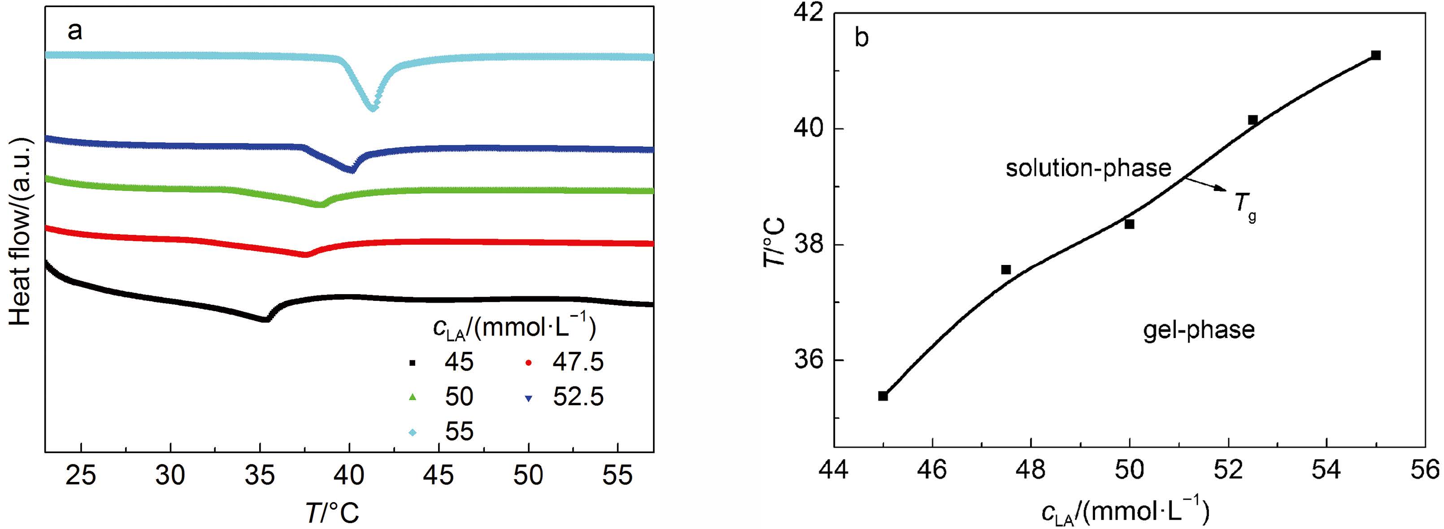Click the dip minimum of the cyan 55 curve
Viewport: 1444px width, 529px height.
coord(372,107)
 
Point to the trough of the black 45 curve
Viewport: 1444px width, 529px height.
coord(265,319)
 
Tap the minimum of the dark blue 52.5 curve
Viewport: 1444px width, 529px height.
coord(351,169)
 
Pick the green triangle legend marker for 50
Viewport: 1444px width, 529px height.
coord(413,397)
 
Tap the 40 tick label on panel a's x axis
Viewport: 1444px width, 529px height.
coord(349,476)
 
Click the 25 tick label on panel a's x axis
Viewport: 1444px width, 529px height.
coord(81,476)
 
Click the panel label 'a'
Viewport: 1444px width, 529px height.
coord(74,31)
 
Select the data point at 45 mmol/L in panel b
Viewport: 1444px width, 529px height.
coord(883,395)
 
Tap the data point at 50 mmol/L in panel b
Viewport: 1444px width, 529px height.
coord(1130,224)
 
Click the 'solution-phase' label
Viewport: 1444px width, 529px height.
coord(1088,168)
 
